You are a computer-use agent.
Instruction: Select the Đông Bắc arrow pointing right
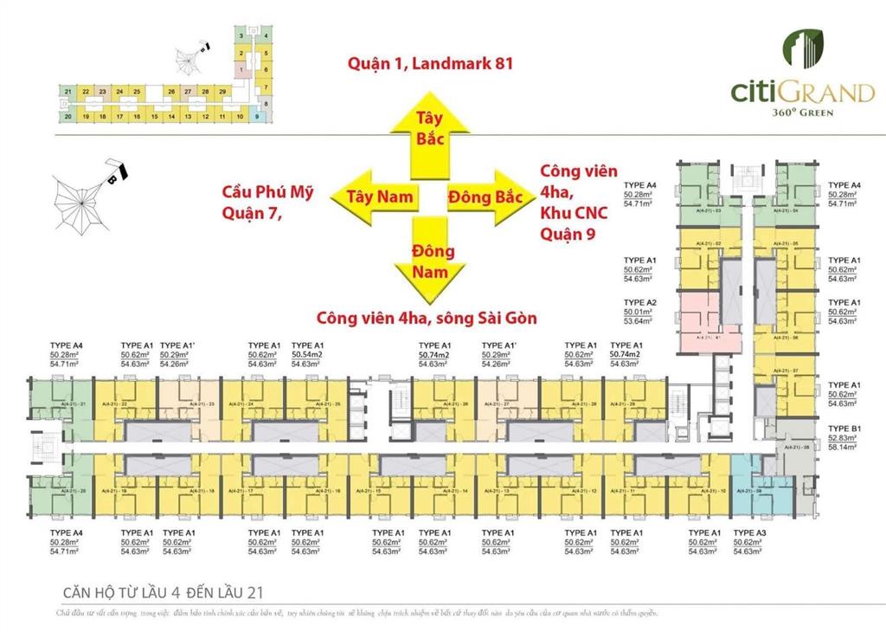click(x=485, y=198)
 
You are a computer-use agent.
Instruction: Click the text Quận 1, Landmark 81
click(x=424, y=63)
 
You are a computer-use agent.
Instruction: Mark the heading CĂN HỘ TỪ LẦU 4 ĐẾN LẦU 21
click(x=163, y=593)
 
